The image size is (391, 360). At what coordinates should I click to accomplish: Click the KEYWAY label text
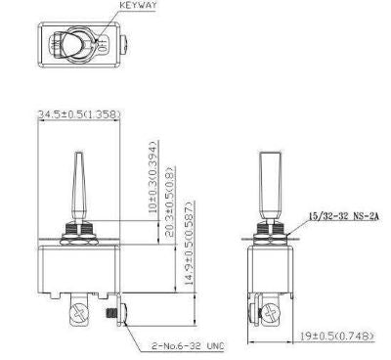point(138,6)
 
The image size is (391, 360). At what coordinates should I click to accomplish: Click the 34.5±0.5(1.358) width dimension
point(79,114)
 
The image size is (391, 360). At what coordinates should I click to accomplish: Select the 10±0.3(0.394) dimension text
point(153,177)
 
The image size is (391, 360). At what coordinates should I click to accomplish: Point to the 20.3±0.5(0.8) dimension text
point(171,201)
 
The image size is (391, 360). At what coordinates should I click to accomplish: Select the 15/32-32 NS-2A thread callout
point(344,216)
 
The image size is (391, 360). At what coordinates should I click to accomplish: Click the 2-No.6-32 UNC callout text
point(188,346)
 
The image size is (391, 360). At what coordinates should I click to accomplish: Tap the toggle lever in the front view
point(79,187)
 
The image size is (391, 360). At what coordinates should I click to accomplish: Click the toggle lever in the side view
point(271,185)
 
